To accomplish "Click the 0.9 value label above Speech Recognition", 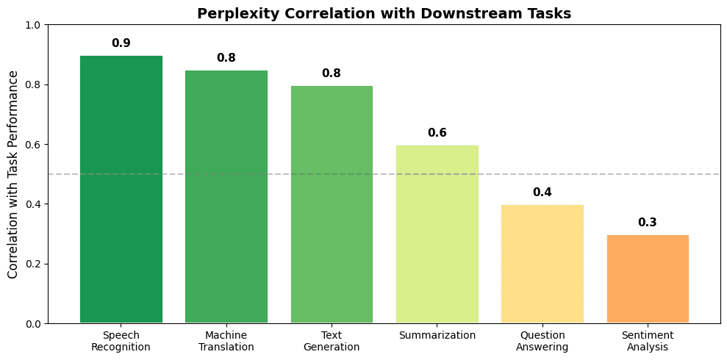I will click(121, 43).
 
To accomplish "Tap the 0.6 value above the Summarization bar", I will click(437, 133).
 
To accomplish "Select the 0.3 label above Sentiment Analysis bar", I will click(648, 223).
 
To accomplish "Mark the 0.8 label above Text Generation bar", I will click(332, 73).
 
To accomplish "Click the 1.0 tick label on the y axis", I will click(34, 25).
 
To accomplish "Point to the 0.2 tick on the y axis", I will click(34, 264).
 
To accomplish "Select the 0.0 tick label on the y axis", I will click(34, 323).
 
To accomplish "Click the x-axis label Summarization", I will click(437, 336).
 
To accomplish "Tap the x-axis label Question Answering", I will click(542, 342).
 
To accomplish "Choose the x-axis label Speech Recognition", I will click(121, 342).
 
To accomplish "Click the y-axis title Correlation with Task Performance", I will click(14, 174).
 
